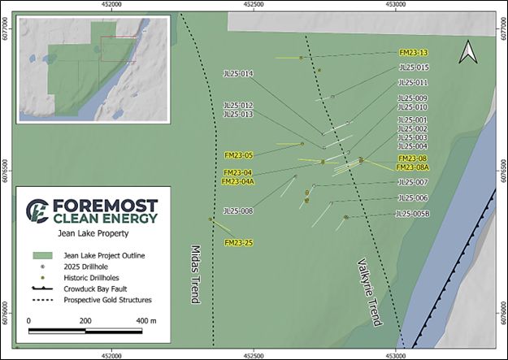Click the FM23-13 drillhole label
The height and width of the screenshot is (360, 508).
tap(414, 52)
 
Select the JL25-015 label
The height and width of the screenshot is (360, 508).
tap(413, 67)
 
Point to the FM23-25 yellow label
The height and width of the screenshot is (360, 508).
tap(239, 243)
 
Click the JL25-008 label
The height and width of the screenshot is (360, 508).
tap(238, 210)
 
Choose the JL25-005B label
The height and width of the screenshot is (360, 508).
tap(411, 214)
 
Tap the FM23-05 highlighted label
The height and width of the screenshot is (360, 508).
tap(239, 154)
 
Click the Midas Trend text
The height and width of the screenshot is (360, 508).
tap(195, 273)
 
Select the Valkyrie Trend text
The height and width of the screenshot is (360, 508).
tap(369, 293)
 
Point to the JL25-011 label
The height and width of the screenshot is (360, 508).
tap(413, 82)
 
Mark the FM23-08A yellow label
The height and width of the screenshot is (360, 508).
tap(412, 167)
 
